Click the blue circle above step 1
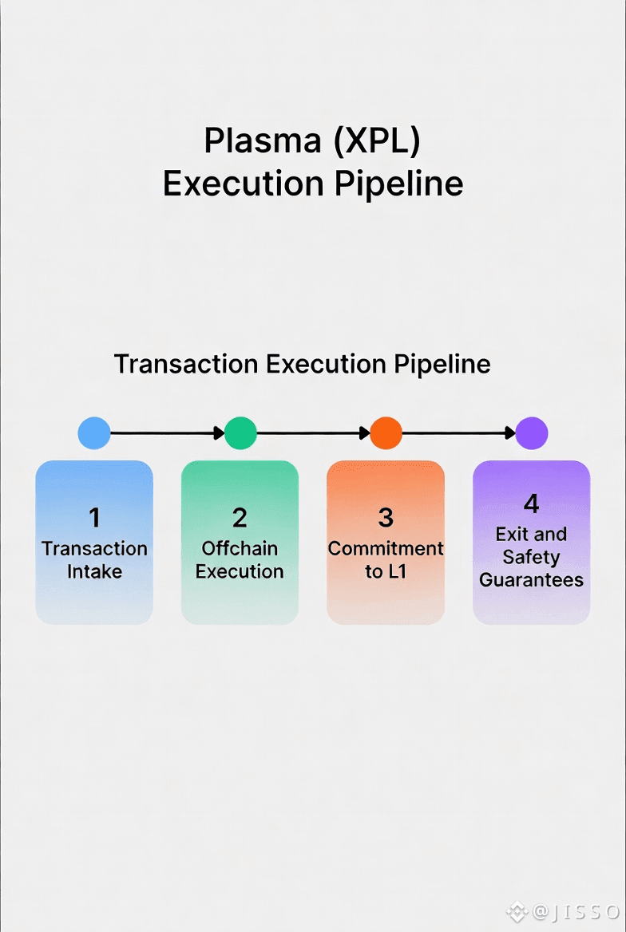tap(94, 433)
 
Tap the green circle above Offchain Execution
tap(240, 433)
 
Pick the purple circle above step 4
tap(531, 433)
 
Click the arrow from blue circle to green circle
tap(167, 433)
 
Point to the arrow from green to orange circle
tap(313, 433)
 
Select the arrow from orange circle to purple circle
tap(458, 433)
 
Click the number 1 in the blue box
tap(94, 518)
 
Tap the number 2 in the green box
tap(240, 518)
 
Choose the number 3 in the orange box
tap(386, 518)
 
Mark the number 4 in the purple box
tap(531, 504)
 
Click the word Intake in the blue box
tap(94, 571)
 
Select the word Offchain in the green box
tap(240, 548)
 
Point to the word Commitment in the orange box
tap(386, 548)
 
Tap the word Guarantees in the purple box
tap(531, 579)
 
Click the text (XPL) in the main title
tap(377, 140)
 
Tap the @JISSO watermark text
tap(575, 911)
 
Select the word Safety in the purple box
tap(531, 557)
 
